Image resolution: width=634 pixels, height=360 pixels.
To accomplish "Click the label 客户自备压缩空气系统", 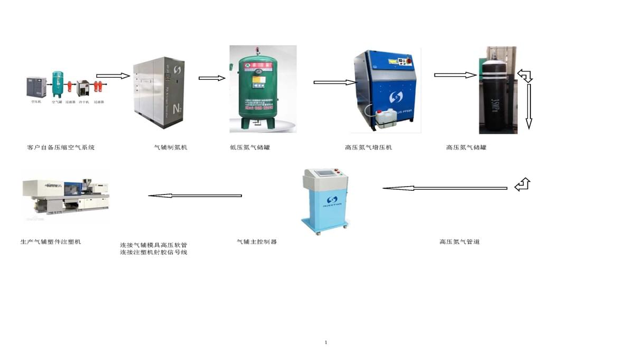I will tap(61, 147).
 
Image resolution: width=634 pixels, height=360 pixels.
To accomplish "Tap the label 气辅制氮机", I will tap(170, 147).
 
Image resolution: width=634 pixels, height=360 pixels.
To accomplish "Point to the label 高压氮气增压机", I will tap(368, 147).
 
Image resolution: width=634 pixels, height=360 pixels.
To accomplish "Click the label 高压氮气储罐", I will tap(466, 147).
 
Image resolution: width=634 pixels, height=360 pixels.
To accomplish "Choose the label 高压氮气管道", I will tap(459, 242).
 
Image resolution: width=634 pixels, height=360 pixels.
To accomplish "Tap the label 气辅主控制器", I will tap(257, 242).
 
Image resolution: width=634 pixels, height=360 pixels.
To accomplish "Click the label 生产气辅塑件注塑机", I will tap(51, 242).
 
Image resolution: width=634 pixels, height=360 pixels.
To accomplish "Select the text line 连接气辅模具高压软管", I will tap(154, 245).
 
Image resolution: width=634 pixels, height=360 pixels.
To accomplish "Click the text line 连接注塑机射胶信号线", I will tap(154, 253).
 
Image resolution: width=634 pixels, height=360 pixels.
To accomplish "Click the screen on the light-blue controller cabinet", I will tap(326, 174).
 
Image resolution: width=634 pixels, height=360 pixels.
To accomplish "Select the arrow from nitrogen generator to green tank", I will tap(211, 78).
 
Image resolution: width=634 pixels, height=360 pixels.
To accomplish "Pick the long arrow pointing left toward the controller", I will tap(444, 188).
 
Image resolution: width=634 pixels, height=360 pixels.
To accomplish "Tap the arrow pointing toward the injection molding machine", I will tap(195, 196).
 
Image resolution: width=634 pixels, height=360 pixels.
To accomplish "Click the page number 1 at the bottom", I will tap(326, 343).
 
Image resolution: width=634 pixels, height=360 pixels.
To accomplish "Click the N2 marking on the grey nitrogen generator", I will tap(178, 109).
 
